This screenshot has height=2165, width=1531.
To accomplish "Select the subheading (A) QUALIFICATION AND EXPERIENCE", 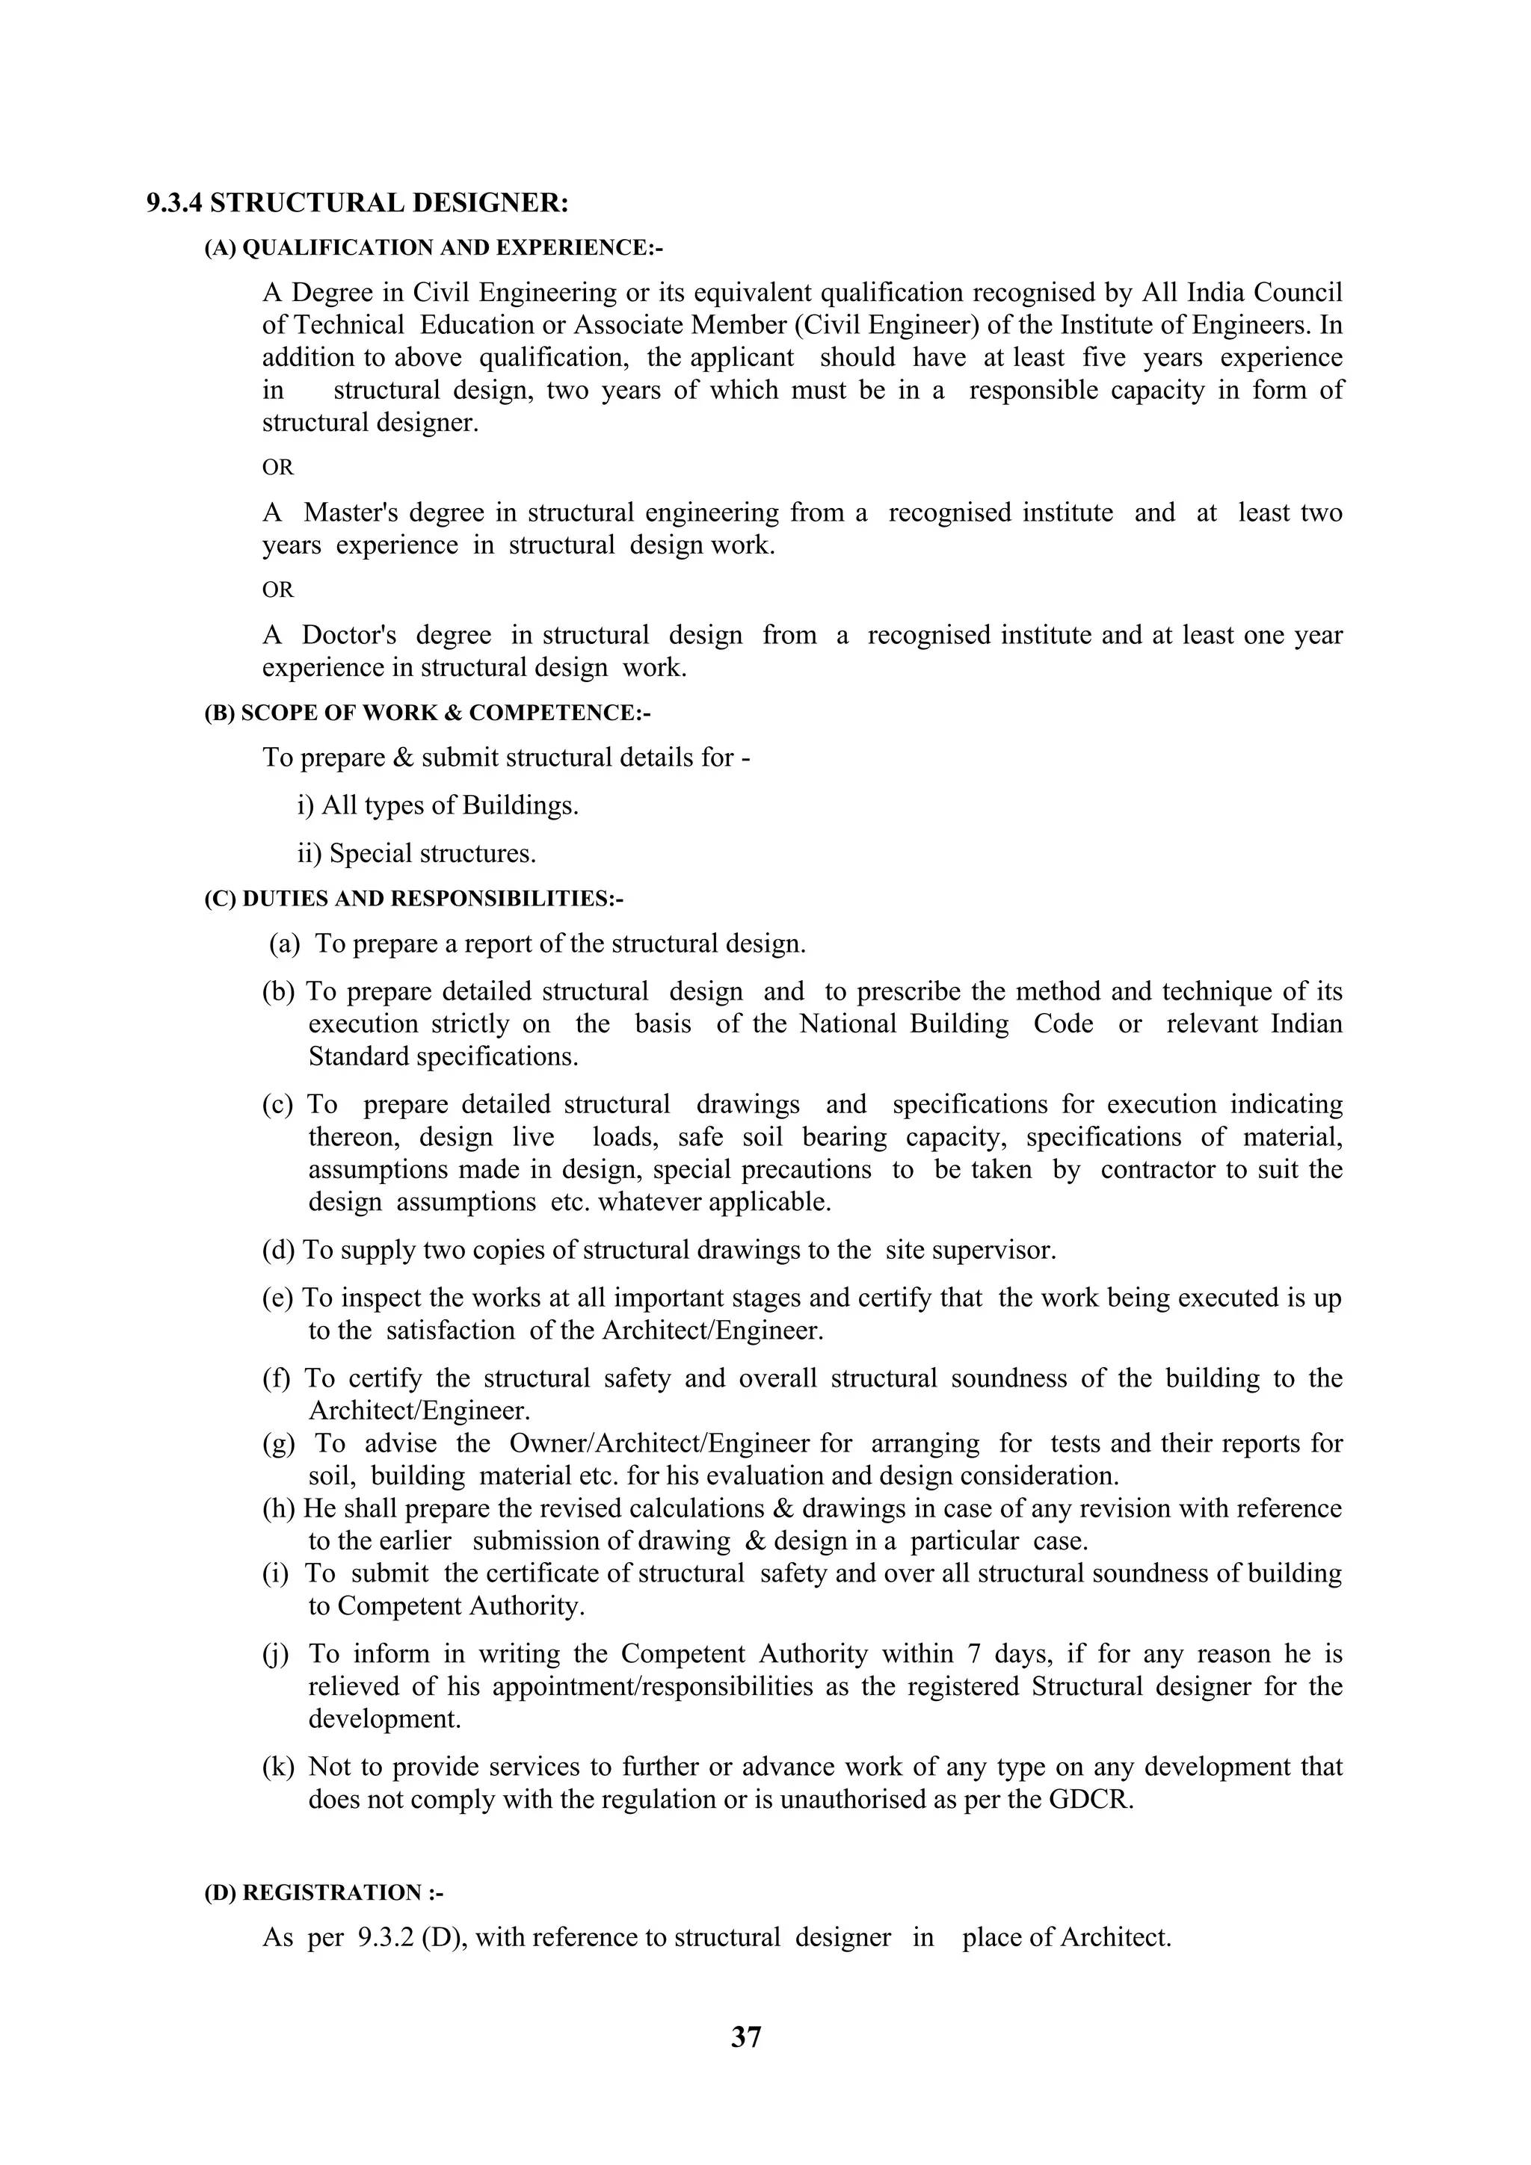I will click(x=433, y=248).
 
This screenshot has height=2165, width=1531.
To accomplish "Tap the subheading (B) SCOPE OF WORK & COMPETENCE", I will click(x=426, y=713).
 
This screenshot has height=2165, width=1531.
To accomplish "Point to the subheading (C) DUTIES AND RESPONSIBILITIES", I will click(x=413, y=899).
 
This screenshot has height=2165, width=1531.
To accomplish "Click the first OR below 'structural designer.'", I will click(x=277, y=468).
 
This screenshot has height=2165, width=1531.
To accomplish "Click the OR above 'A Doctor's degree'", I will click(x=277, y=590).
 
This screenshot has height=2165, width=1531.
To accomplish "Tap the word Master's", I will click(x=351, y=513).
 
